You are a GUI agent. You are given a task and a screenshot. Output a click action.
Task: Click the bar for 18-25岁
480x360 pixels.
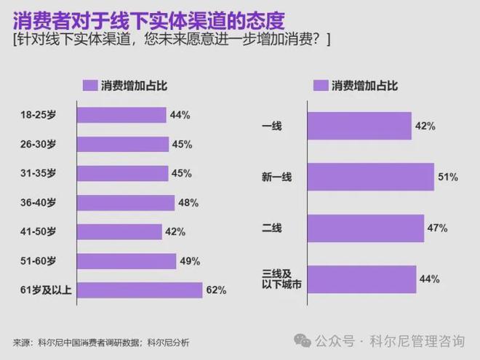121,115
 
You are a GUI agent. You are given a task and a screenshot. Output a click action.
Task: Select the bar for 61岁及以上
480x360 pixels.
139,290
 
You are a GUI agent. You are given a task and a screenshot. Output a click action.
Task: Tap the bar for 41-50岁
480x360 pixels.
119,232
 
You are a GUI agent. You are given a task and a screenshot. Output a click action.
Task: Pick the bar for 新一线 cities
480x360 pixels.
371,177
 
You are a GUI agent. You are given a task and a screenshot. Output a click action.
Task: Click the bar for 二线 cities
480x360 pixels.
365,228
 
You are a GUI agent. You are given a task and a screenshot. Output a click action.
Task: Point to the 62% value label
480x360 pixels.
217,290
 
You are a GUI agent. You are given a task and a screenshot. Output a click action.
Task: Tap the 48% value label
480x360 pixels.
188,203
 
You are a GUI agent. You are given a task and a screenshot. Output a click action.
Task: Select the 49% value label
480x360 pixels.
190,261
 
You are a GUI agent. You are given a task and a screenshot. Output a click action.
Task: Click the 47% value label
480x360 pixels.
436,228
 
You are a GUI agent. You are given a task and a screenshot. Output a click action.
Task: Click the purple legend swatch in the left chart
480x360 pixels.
89,85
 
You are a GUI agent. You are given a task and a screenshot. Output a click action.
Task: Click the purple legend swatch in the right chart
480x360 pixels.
320,85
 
